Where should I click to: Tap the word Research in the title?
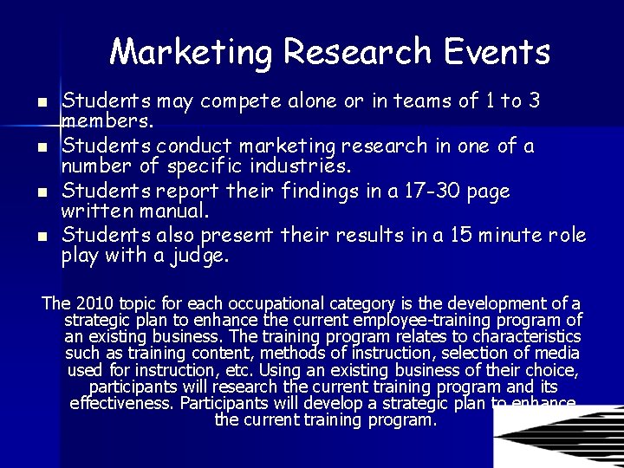pos(357,52)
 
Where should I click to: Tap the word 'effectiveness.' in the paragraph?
pos(122,403)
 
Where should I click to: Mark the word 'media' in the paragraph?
pos(559,353)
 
